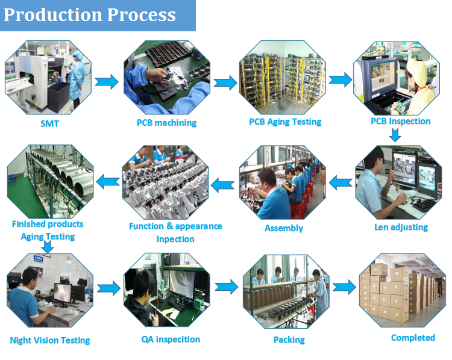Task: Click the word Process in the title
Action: [141, 15]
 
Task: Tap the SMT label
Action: [49, 123]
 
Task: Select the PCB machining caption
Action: [166, 123]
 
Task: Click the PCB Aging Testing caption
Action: [285, 122]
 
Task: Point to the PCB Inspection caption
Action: [400, 121]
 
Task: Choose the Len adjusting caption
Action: [401, 227]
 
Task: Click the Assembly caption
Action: [284, 228]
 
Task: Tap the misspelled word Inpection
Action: [175, 239]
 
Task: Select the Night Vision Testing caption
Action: [50, 340]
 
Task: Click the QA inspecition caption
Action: [171, 340]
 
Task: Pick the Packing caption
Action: [289, 340]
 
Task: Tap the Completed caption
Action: [413, 338]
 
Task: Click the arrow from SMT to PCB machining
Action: [107, 82]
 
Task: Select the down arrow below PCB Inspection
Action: [395, 135]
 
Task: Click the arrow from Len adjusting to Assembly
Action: [341, 182]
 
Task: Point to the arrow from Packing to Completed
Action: [345, 287]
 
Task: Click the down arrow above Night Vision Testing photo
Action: [48, 247]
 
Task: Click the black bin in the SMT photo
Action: [58, 98]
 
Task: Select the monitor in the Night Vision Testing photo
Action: [63, 294]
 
